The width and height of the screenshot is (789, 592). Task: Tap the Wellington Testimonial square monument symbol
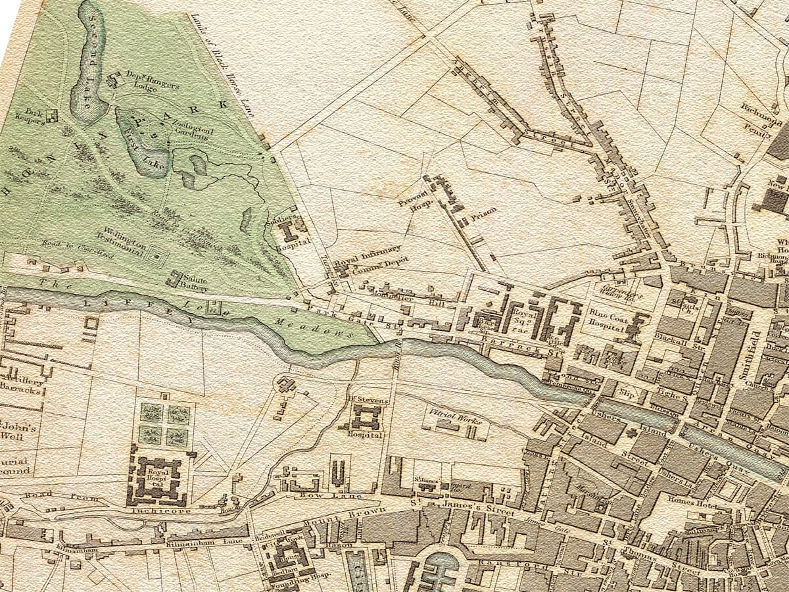click(156, 253)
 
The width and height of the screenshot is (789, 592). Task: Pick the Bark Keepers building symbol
click(51, 115)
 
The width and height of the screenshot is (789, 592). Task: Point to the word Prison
click(483, 212)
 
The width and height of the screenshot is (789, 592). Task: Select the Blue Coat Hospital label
click(606, 319)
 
